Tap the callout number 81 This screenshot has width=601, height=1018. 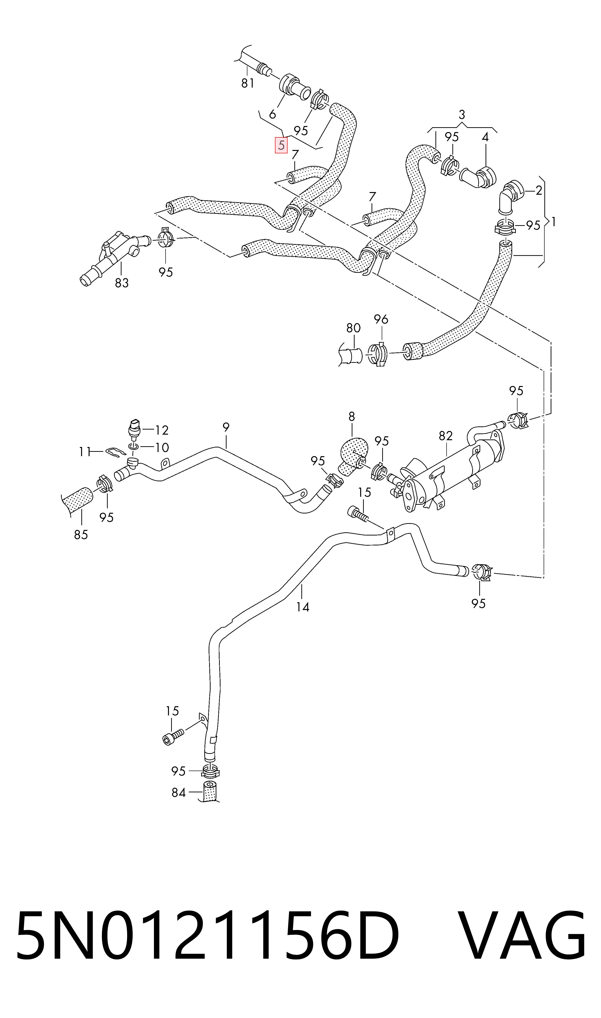pos(247,83)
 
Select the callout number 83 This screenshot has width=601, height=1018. pos(122,283)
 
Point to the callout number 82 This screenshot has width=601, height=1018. pos(445,436)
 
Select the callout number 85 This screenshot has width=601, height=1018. pos(81,535)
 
